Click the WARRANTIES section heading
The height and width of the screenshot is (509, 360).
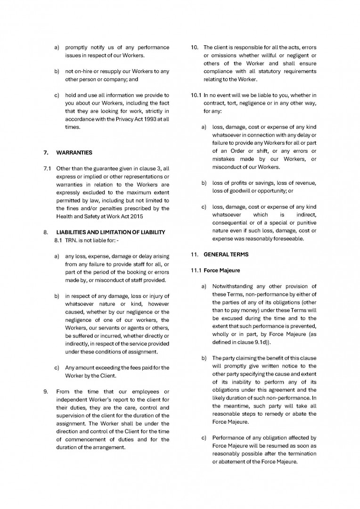[x=74, y=153]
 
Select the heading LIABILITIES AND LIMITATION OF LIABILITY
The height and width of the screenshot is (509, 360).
[x=111, y=232]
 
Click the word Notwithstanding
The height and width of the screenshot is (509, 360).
[x=237, y=287]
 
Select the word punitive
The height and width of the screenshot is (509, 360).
[x=305, y=222]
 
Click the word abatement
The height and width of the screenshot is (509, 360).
[x=231, y=462]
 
